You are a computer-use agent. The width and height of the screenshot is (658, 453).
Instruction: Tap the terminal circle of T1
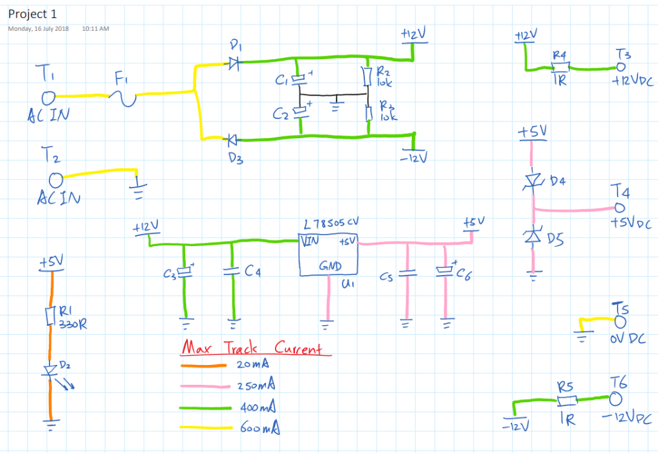point(48,97)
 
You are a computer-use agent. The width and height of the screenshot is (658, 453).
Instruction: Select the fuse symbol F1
point(125,96)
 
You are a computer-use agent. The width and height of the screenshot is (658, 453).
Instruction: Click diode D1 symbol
point(233,63)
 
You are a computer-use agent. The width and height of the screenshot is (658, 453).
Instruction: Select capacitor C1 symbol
point(298,80)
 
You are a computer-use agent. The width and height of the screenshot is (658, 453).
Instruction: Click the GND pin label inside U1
point(330,266)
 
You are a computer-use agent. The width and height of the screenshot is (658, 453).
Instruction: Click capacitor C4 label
point(253,272)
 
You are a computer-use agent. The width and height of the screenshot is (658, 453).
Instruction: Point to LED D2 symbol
point(50,370)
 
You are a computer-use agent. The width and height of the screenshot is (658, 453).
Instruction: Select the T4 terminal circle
point(619,208)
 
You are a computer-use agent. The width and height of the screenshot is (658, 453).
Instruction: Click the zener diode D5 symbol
point(532,236)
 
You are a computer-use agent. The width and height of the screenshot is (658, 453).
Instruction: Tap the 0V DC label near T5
point(628,338)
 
